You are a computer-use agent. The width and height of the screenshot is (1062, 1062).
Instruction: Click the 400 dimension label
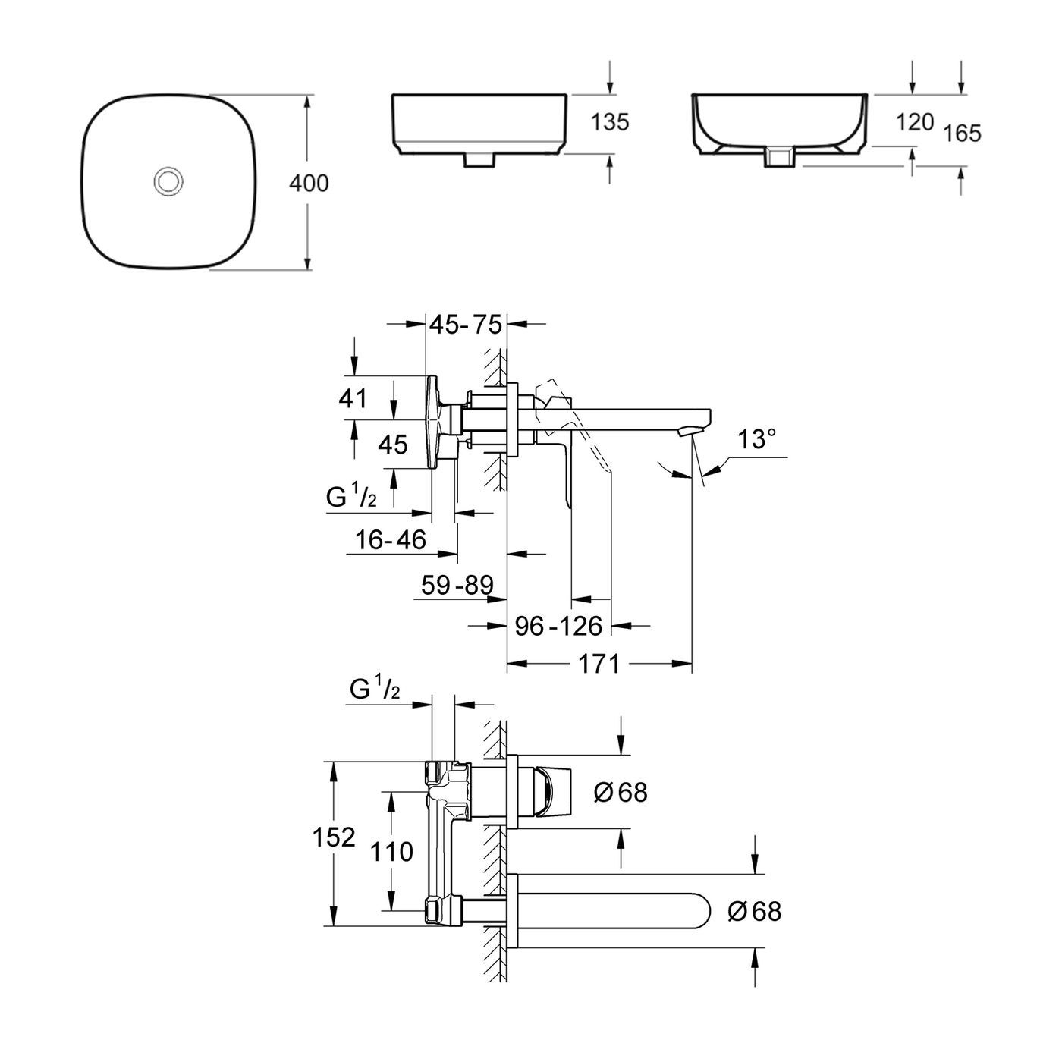click(x=309, y=184)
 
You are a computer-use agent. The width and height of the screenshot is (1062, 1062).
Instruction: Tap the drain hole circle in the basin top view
click(x=166, y=181)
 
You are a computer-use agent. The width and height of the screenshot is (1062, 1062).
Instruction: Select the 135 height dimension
click(x=611, y=122)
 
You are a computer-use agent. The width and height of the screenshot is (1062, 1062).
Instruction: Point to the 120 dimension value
click(x=913, y=121)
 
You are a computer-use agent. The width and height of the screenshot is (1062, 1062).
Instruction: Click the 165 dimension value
click(x=963, y=134)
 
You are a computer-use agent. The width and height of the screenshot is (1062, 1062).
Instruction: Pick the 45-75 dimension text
click(x=466, y=325)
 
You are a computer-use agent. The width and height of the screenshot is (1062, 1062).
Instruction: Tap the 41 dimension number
click(x=353, y=398)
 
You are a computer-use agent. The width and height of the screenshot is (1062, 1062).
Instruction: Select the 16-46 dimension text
click(x=391, y=540)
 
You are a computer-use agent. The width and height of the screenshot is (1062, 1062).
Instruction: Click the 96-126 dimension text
click(x=558, y=627)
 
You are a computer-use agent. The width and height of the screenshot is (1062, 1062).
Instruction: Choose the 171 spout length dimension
click(x=599, y=665)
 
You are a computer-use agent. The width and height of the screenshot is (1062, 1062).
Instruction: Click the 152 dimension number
click(x=334, y=837)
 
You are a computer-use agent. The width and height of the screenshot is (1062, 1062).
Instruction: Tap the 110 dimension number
click(x=392, y=852)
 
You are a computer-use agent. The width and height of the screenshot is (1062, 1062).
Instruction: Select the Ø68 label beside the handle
click(x=621, y=793)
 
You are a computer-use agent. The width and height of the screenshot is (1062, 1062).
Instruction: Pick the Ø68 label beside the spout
click(x=754, y=910)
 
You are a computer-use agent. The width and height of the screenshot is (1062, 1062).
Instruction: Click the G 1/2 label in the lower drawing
click(x=375, y=690)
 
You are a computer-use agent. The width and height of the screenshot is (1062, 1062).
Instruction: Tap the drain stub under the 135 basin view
click(x=479, y=160)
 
